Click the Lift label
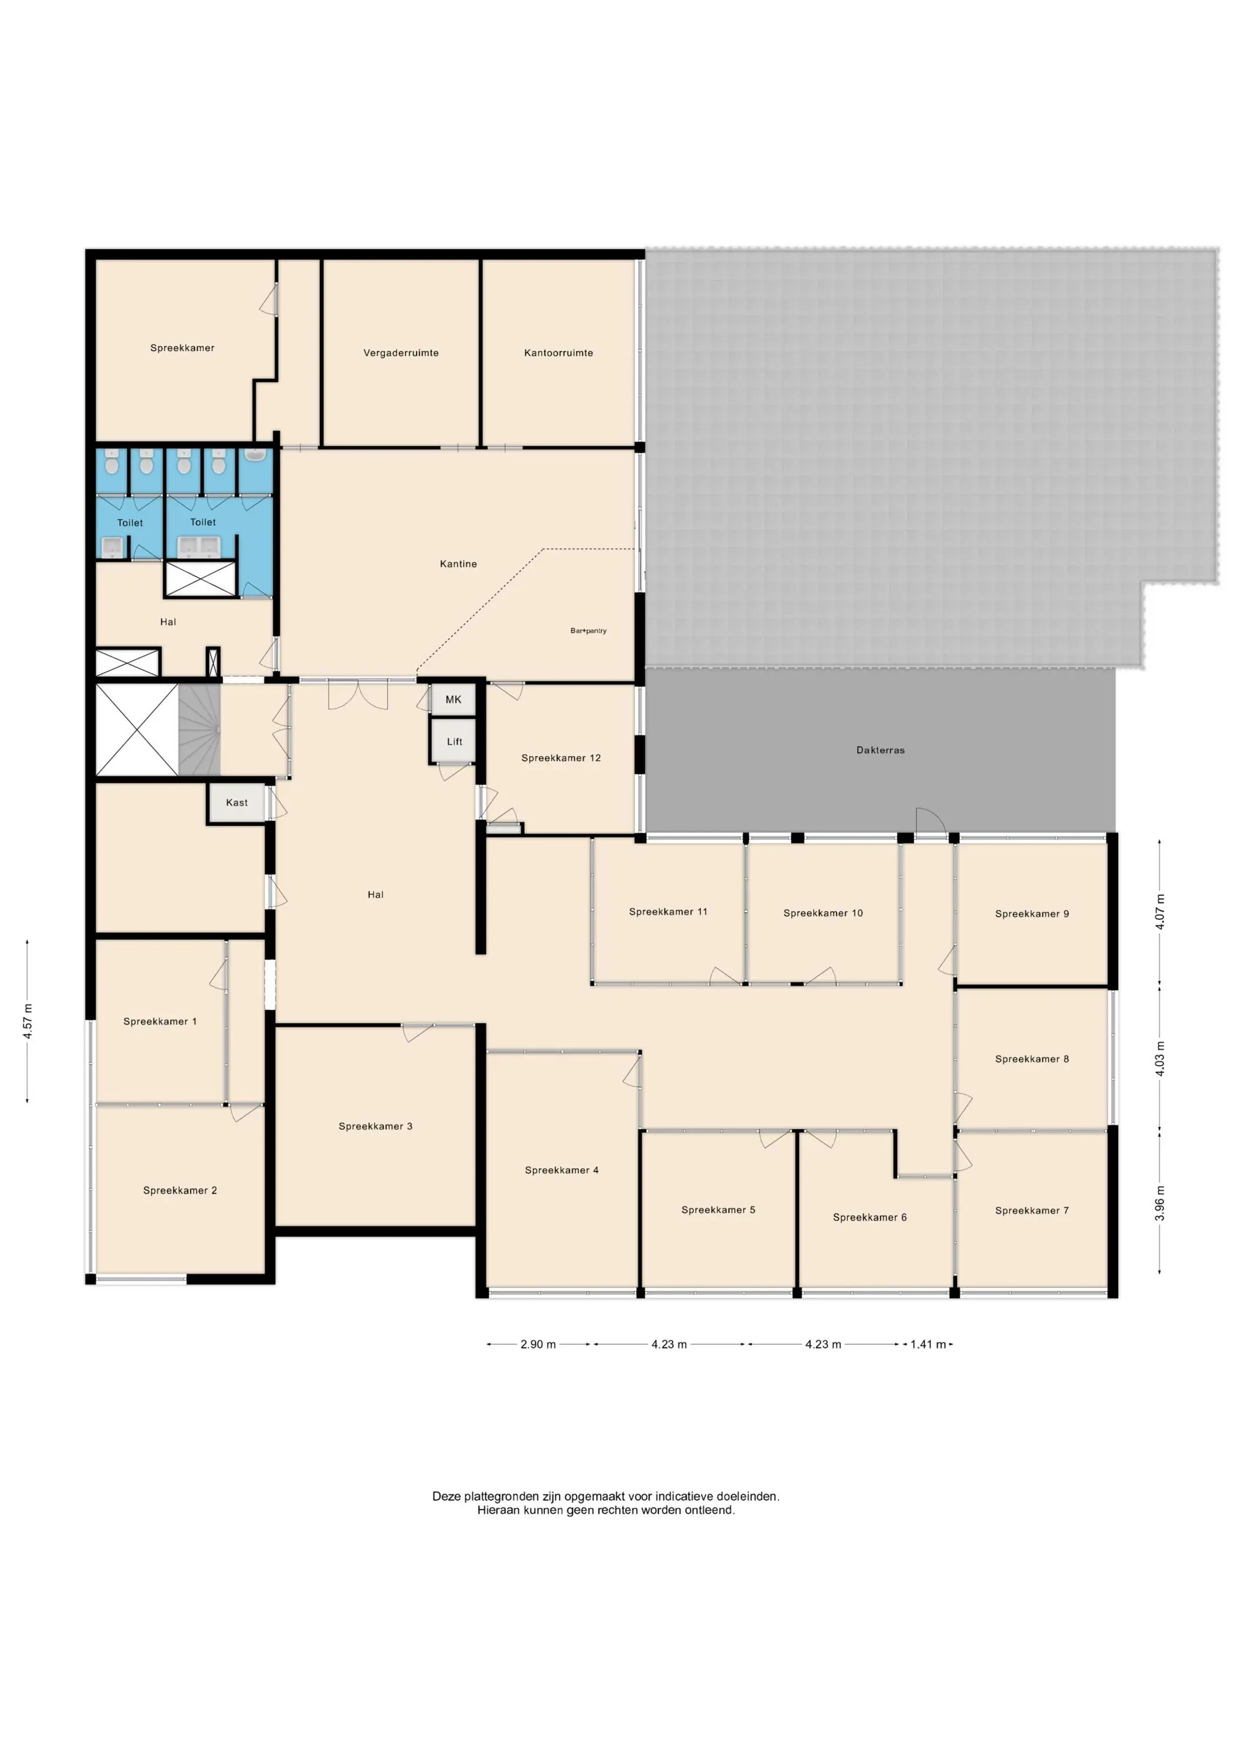(x=454, y=742)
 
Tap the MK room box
(x=453, y=700)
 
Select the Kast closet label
(x=237, y=802)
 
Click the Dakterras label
(x=880, y=750)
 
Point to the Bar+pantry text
(x=588, y=630)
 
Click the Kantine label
(x=458, y=564)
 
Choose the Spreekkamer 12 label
(x=561, y=758)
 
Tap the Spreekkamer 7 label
(x=1032, y=1210)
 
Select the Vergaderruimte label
(x=401, y=353)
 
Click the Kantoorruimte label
(x=558, y=353)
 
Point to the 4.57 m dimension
(x=28, y=1021)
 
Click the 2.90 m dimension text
(x=538, y=1344)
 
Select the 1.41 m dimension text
(x=928, y=1344)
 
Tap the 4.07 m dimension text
(x=1160, y=912)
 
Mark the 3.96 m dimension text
(x=1160, y=1203)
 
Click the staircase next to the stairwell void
(x=200, y=730)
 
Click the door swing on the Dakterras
(x=929, y=820)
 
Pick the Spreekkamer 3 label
(x=375, y=1126)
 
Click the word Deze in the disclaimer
(x=447, y=1496)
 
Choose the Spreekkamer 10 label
(x=823, y=913)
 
